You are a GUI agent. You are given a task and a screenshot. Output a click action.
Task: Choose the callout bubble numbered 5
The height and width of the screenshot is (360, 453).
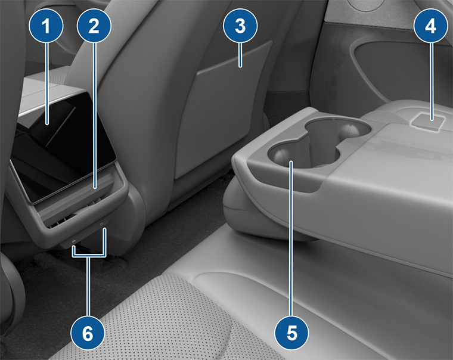(x=291, y=332)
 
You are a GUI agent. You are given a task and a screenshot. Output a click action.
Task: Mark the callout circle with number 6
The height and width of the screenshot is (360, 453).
(x=88, y=332)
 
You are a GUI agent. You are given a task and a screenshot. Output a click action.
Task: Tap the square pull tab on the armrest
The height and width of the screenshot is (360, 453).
(x=426, y=121)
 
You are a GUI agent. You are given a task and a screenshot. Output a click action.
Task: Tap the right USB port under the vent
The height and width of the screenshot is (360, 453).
(x=103, y=227)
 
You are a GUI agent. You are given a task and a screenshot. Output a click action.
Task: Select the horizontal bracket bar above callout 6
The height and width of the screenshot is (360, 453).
(x=89, y=257)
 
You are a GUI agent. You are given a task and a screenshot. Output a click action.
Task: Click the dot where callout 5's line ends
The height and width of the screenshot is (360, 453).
(x=291, y=163)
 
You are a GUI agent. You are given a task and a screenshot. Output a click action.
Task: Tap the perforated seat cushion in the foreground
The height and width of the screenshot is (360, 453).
(x=119, y=322)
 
